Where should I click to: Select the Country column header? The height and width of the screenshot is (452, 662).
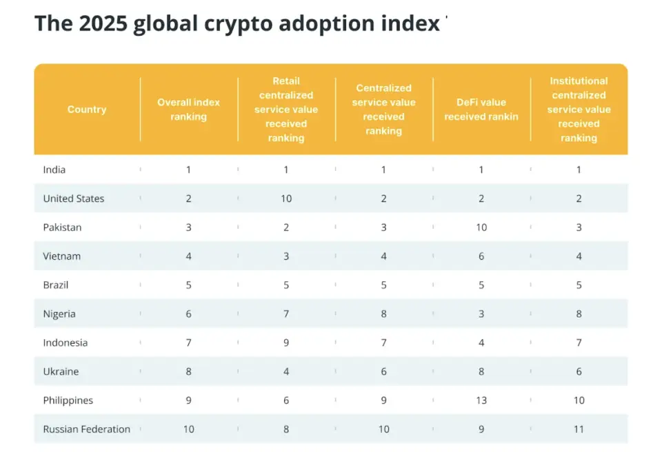tap(87, 110)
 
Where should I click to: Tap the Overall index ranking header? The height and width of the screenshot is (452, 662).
tap(188, 110)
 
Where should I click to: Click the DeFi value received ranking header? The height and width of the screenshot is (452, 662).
tap(481, 110)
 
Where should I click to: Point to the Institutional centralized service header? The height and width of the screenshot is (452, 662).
tap(579, 110)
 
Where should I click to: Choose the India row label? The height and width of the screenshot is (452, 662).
tap(54, 169)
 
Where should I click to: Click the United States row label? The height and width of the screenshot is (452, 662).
tap(74, 198)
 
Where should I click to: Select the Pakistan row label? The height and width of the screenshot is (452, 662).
tap(62, 227)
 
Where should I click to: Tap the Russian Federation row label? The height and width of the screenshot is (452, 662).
tap(87, 429)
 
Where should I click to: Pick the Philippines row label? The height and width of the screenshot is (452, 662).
tap(68, 400)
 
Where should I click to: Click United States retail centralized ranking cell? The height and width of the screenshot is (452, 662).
tap(286, 198)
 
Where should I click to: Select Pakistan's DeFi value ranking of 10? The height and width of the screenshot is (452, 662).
tap(481, 227)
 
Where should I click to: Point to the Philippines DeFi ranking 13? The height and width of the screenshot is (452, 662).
tap(481, 400)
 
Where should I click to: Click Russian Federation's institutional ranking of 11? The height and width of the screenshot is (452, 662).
tap(579, 429)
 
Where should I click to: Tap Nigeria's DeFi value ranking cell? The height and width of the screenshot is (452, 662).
tap(481, 314)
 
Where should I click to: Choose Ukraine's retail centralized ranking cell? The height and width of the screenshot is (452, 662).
tap(286, 371)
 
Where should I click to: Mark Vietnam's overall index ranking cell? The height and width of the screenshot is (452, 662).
tap(188, 256)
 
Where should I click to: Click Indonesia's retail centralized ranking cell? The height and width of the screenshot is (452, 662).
tap(286, 343)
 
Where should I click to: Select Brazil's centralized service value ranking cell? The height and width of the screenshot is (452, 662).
tap(383, 285)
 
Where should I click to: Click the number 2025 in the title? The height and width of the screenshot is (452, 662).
tap(103, 23)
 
